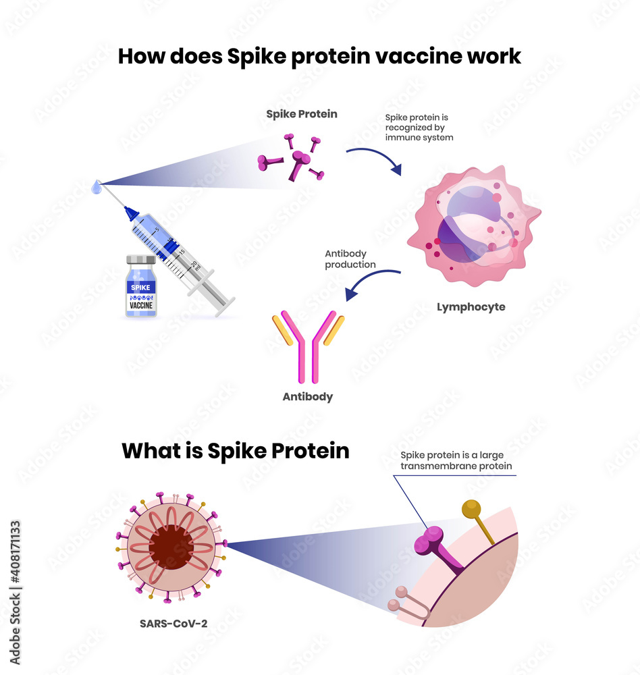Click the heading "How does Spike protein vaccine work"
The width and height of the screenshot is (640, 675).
coord(319,56)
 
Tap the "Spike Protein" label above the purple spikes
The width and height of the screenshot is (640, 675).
coord(301,114)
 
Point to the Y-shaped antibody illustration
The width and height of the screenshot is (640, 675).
coord(308,344)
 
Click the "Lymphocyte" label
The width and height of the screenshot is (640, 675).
coord(471,307)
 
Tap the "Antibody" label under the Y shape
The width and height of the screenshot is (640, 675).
coord(308,397)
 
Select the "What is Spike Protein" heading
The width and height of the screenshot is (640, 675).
coord(236,450)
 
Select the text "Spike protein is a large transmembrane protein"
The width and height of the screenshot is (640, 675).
coord(456,460)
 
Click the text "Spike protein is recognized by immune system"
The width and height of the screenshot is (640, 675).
coord(419,127)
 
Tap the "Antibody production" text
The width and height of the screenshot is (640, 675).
coord(350,259)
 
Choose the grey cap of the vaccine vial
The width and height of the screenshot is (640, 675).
coord(141,259)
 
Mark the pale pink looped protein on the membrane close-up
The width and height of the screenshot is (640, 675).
coord(406,601)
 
